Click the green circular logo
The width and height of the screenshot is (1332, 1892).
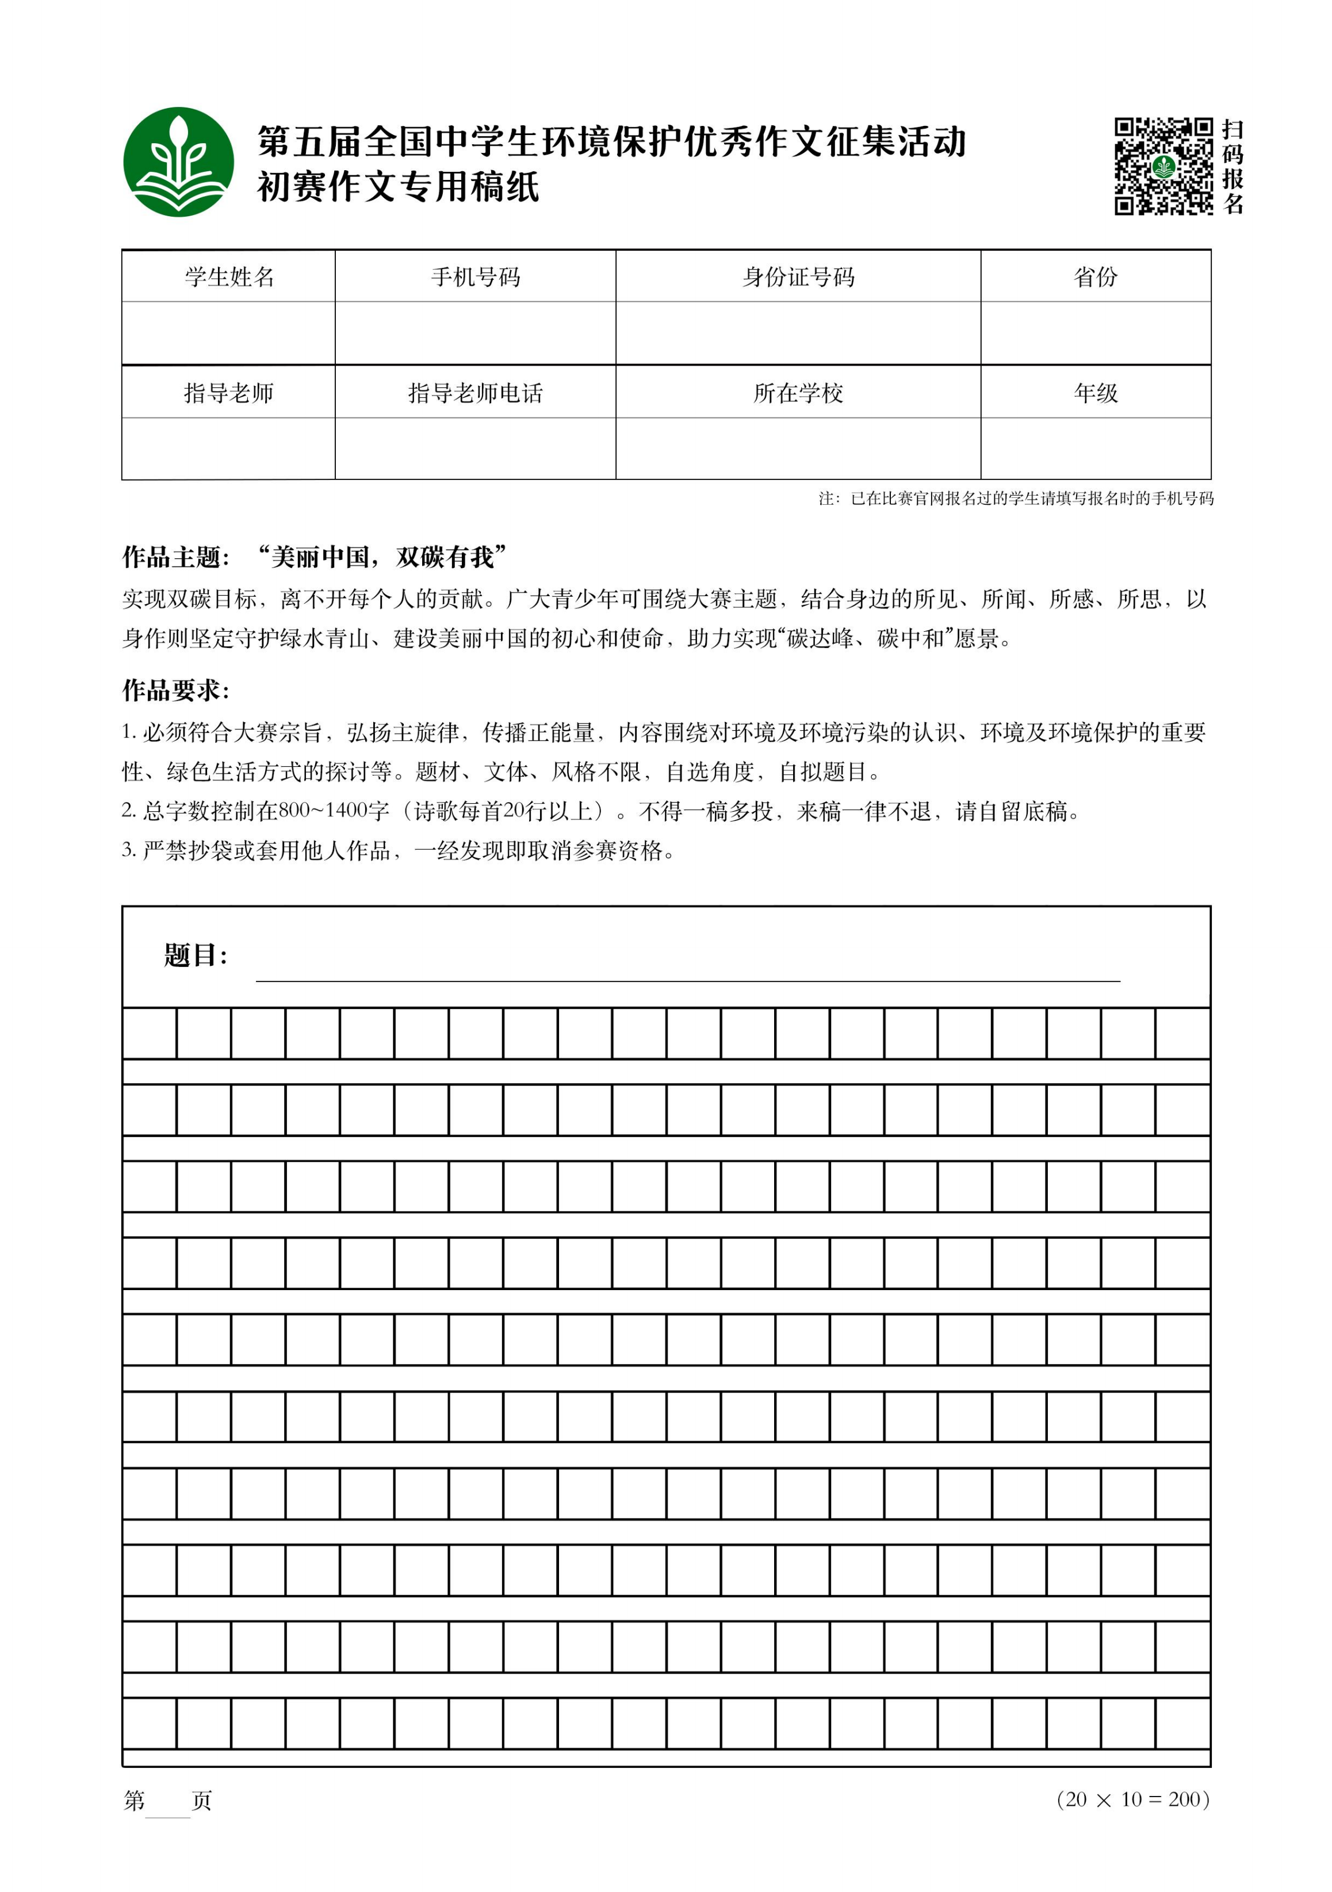coord(178,162)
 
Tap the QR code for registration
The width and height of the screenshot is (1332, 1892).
coord(1163,166)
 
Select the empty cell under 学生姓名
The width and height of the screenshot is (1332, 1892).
coord(228,333)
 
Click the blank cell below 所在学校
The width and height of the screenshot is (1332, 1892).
coord(797,448)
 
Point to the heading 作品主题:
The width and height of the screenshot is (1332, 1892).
coord(175,558)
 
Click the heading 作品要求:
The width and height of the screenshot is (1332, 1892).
coord(175,690)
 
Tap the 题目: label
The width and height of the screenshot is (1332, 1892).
coord(196,956)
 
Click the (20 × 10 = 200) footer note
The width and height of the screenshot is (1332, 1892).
coord(1132,1799)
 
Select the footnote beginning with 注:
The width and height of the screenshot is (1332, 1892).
coord(1016,498)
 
